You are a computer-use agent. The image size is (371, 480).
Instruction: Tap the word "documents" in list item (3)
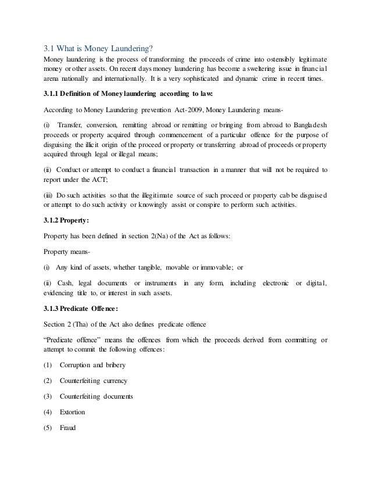pos(116,396)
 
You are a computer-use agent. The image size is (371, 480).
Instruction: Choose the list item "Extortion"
pos(72,412)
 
